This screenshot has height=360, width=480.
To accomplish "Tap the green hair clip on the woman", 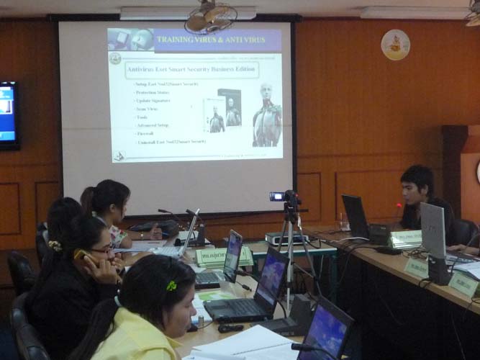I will pos(171,286).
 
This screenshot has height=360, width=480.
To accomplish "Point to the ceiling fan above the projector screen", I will pos(210,17).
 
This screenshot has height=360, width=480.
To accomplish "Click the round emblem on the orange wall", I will pos(395,44).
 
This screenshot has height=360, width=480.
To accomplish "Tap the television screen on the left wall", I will pos(8,115).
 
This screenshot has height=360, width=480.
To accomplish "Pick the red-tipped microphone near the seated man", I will pos(398,206).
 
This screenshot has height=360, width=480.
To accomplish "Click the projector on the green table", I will pos(286,238).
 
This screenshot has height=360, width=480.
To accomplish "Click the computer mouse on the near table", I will pos(230,328).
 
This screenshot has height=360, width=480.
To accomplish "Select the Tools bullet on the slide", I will pos(142,117).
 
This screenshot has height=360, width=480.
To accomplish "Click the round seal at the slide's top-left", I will pos(115,58).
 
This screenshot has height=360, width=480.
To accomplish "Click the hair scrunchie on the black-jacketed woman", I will pos(55,246).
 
